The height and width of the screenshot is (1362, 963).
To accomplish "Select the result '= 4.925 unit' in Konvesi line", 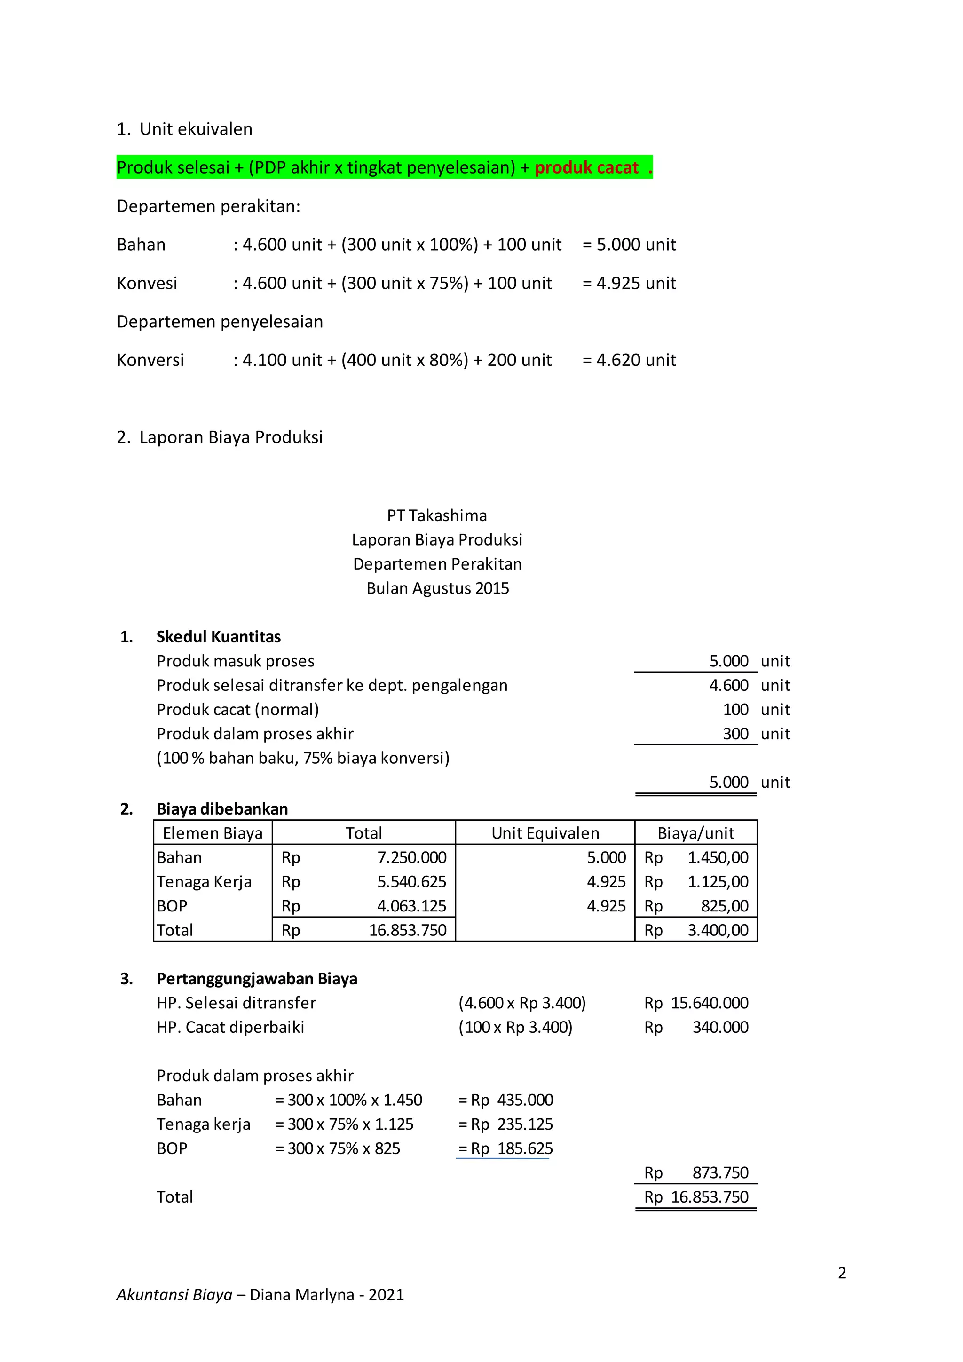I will click(629, 283).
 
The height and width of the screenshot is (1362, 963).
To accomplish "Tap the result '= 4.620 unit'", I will click(629, 360).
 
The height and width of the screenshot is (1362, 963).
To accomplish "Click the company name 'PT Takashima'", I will click(437, 515).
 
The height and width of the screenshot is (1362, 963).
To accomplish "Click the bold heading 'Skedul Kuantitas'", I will click(218, 637).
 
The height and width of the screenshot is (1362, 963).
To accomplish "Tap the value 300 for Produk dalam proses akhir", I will click(735, 735).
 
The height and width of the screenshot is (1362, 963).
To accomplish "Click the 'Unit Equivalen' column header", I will click(545, 833).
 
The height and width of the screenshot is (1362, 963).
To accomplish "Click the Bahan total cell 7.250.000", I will click(411, 858).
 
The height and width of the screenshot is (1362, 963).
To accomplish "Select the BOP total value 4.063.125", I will click(411, 906).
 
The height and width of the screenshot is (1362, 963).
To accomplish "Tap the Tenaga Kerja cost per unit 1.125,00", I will click(718, 882).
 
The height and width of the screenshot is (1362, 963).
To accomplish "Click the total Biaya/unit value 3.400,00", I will click(718, 931).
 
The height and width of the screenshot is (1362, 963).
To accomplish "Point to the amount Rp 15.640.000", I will click(696, 1003).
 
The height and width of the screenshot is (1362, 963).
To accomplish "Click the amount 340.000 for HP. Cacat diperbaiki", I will click(720, 1028).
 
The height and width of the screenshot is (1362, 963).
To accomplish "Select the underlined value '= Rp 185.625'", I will click(505, 1149).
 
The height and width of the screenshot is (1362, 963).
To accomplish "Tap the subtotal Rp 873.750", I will click(696, 1173).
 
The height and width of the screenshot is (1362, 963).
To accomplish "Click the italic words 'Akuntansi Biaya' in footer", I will click(174, 1295).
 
